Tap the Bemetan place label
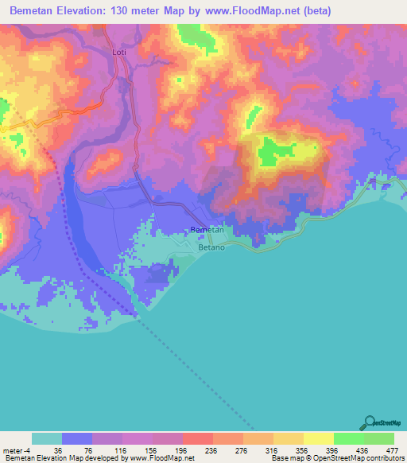[207, 229]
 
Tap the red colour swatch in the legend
[196, 438]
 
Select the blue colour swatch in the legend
[76, 438]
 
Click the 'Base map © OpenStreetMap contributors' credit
[336, 458]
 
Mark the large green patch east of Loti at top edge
[191, 33]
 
